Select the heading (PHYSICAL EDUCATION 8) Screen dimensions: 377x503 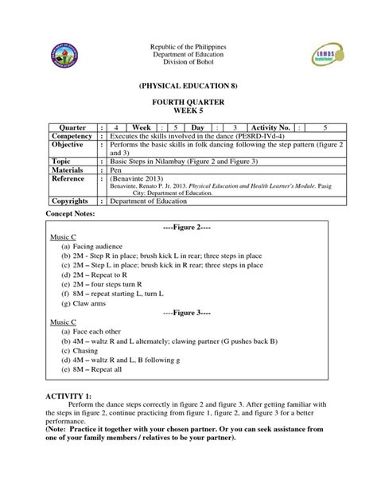(188, 84)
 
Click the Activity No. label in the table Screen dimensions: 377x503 (274, 127)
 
